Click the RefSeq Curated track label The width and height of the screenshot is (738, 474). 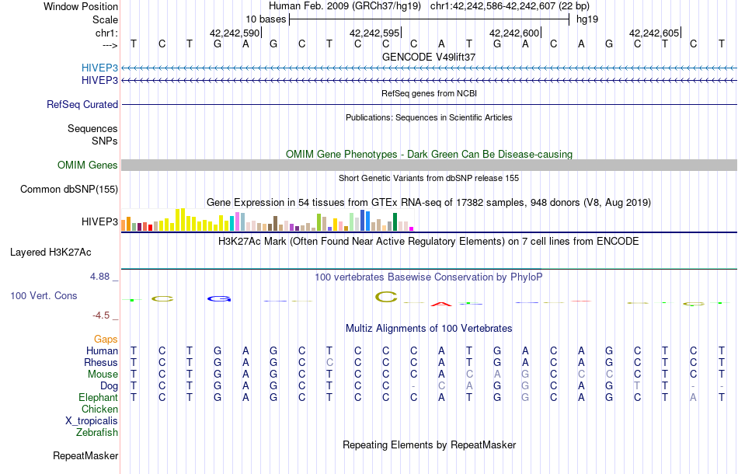tap(82, 104)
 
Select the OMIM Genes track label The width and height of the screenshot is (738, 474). tap(87, 165)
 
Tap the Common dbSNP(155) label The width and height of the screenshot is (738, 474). tap(69, 189)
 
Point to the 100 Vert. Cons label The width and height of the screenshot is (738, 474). tap(44, 296)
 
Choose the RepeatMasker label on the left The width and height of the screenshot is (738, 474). tap(85, 455)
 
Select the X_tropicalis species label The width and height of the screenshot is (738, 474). tap(92, 420)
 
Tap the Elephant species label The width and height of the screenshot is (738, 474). tap(98, 397)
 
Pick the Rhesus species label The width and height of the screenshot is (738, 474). tap(102, 362)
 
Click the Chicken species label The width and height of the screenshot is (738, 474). tap(100, 409)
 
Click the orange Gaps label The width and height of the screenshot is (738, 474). tap(106, 339)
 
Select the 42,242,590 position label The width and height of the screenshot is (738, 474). tap(234, 33)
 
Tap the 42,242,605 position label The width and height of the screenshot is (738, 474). tap(654, 33)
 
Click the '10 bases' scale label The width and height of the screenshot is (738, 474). tap(266, 19)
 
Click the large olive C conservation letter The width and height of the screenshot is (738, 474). tap(386, 296)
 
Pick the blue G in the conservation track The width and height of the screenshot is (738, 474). tap(220, 298)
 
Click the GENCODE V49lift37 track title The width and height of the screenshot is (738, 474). tap(429, 57)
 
